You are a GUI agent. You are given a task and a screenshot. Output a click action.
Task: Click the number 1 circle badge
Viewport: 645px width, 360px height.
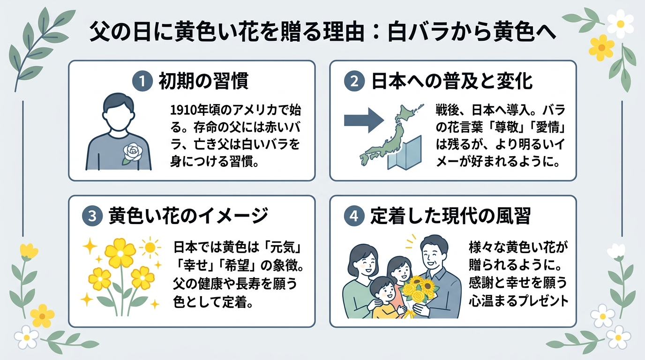142,82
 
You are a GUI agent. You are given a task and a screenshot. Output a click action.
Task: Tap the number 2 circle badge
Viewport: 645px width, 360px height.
354,81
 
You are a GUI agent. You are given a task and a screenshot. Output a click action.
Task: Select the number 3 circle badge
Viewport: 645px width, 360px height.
92,216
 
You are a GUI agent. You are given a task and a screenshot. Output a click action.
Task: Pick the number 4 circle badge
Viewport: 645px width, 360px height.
354,216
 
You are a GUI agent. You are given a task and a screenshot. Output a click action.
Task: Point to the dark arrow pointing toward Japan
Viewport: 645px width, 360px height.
364,120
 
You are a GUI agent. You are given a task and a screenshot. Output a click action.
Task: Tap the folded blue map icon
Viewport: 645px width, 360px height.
405,153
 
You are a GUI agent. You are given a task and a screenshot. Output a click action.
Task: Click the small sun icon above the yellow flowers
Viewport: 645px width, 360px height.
150,247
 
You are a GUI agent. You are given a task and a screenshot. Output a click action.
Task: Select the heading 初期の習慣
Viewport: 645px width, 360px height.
203,81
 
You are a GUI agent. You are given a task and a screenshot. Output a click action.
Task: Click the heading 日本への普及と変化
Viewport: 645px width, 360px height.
452,81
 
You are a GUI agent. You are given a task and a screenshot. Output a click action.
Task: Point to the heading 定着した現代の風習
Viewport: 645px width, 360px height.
450,216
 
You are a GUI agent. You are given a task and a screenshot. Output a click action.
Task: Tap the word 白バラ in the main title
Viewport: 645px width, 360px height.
419,32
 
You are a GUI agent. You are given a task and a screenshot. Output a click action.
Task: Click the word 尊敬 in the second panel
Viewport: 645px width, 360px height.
500,128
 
